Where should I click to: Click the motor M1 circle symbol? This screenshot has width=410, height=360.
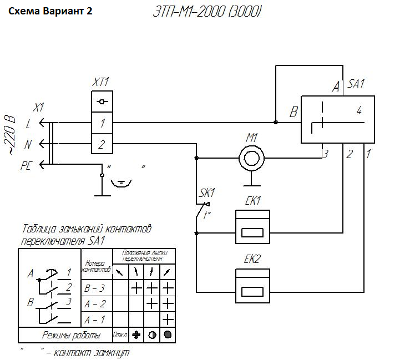[x=251, y=158]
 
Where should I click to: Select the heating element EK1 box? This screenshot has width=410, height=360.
[x=252, y=226]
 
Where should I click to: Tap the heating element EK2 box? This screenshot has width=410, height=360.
[x=252, y=285]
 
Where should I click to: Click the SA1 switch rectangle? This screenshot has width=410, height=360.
[x=337, y=119]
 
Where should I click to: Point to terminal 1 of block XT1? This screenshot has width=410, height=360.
[x=102, y=123]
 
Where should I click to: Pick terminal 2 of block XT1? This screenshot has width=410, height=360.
[x=102, y=145]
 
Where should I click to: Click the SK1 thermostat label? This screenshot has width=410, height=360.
[x=207, y=193]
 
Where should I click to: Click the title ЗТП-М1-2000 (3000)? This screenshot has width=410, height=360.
[x=206, y=12]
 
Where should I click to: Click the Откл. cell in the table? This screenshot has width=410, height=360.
[x=120, y=335]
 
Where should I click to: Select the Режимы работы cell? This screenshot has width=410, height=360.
[x=72, y=335]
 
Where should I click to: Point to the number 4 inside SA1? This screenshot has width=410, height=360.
[x=359, y=111]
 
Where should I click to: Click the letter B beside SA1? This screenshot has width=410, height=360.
[x=293, y=113]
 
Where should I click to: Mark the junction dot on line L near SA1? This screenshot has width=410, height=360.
[x=276, y=122]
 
